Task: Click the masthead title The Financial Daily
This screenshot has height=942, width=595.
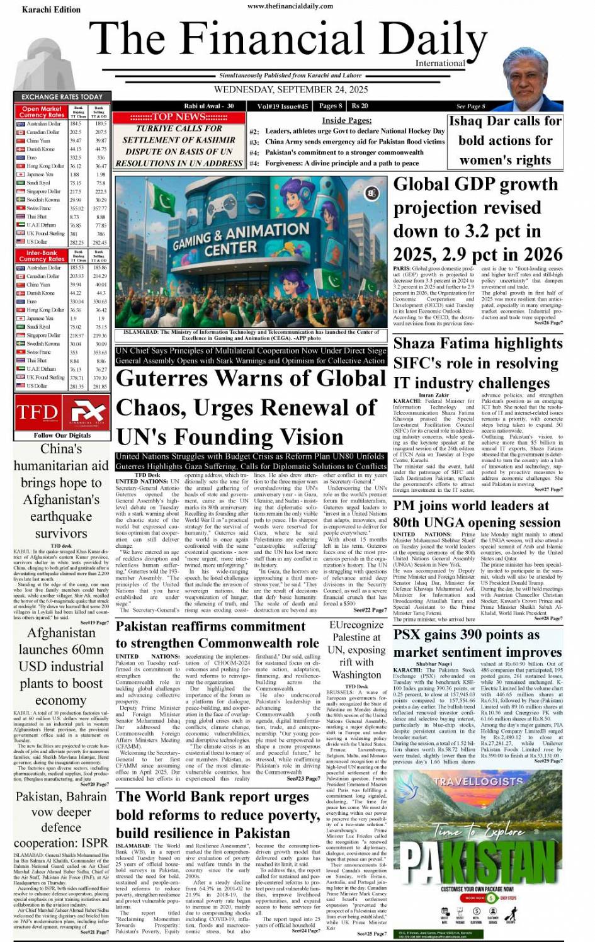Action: (288, 39)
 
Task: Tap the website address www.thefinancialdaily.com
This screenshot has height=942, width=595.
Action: (290, 6)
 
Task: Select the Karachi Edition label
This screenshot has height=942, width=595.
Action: (51, 9)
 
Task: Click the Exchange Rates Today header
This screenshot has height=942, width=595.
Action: (62, 97)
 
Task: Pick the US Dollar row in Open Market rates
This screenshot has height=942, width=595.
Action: (62, 242)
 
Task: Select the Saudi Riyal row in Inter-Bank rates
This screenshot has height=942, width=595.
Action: (62, 327)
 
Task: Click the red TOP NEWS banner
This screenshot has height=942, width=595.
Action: (179, 117)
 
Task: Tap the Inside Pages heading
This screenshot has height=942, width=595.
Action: (346, 120)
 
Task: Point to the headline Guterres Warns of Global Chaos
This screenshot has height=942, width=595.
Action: (250, 407)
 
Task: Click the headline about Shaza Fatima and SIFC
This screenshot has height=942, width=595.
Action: (476, 363)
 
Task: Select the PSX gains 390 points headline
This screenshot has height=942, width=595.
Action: (477, 643)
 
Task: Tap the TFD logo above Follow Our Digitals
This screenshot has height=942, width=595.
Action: (37, 412)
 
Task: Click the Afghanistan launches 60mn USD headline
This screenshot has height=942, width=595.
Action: (60, 666)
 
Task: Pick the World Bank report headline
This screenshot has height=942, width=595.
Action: (217, 815)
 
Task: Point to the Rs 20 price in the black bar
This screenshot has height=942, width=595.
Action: (360, 106)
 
